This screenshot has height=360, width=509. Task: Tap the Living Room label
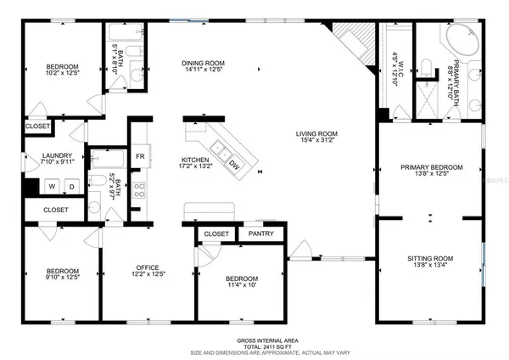(x=316, y=133)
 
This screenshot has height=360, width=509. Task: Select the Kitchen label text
(x=194, y=160)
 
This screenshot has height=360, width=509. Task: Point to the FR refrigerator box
(x=140, y=157)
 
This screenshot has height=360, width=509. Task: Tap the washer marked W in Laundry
(x=53, y=187)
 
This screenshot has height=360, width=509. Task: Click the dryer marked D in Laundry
(x=70, y=187)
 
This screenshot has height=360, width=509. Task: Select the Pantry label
(x=260, y=233)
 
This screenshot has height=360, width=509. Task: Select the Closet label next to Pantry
(x=216, y=233)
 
